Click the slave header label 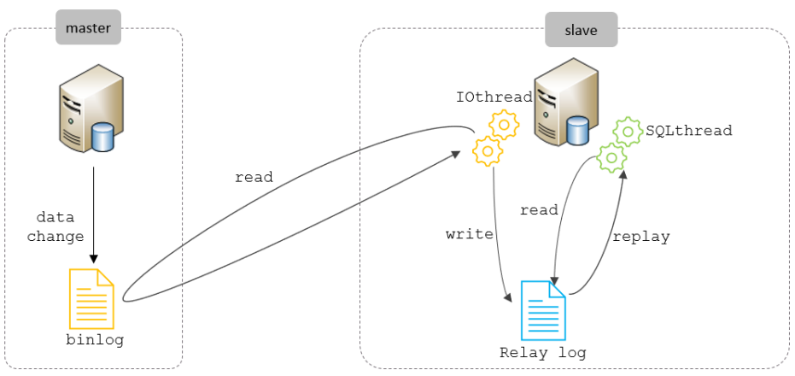[581, 31]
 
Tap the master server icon [85, 112]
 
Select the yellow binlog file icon [93, 298]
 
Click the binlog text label [95, 340]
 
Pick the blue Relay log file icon [543, 309]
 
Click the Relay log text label [543, 352]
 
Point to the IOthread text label [494, 97]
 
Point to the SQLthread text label [689, 131]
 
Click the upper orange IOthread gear [504, 125]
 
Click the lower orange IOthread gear [488, 150]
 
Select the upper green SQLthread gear [628, 131]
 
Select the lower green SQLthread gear [611, 157]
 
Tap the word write [470, 233]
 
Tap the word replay [641, 236]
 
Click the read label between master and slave [254, 178]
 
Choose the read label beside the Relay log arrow [539, 210]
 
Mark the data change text [56, 226]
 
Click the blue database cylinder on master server [102, 137]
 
